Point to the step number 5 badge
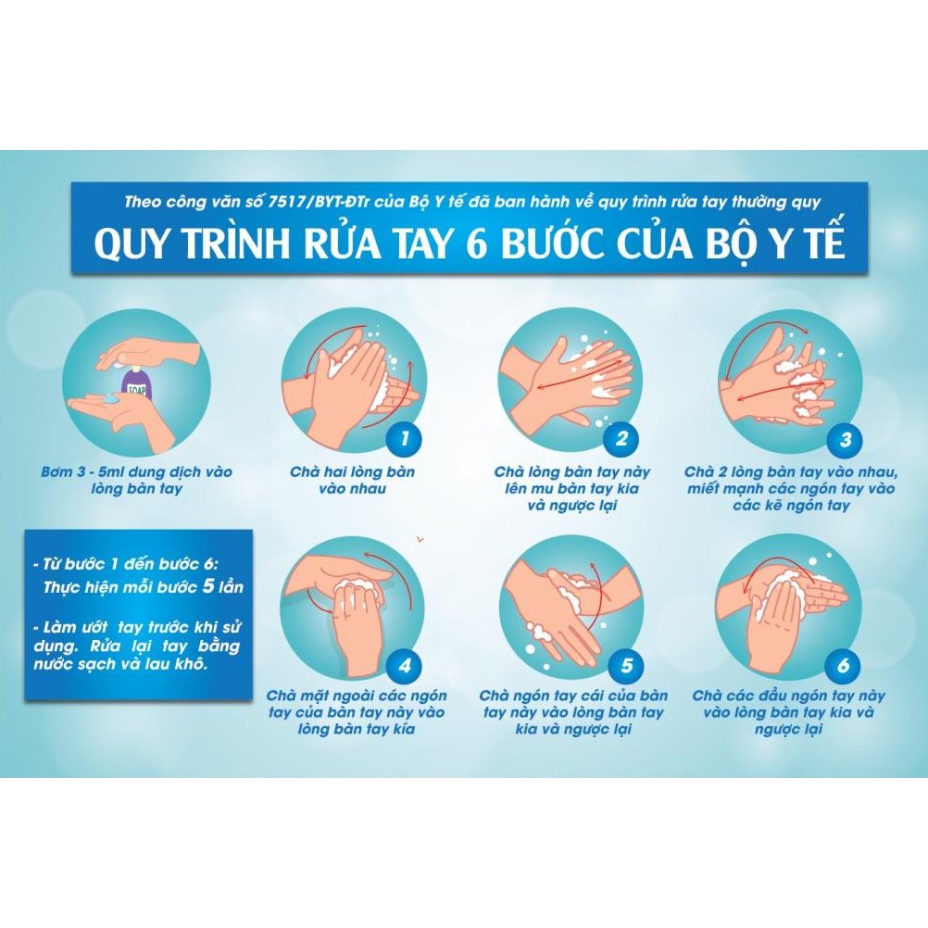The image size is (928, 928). click(x=627, y=665)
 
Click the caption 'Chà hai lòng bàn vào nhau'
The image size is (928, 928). click(x=352, y=480)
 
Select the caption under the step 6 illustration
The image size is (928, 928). click(x=789, y=712)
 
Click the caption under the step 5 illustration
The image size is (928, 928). click(x=574, y=712)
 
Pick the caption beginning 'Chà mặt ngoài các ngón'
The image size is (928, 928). click(x=357, y=712)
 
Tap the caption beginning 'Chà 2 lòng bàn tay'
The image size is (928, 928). click(x=789, y=488)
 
